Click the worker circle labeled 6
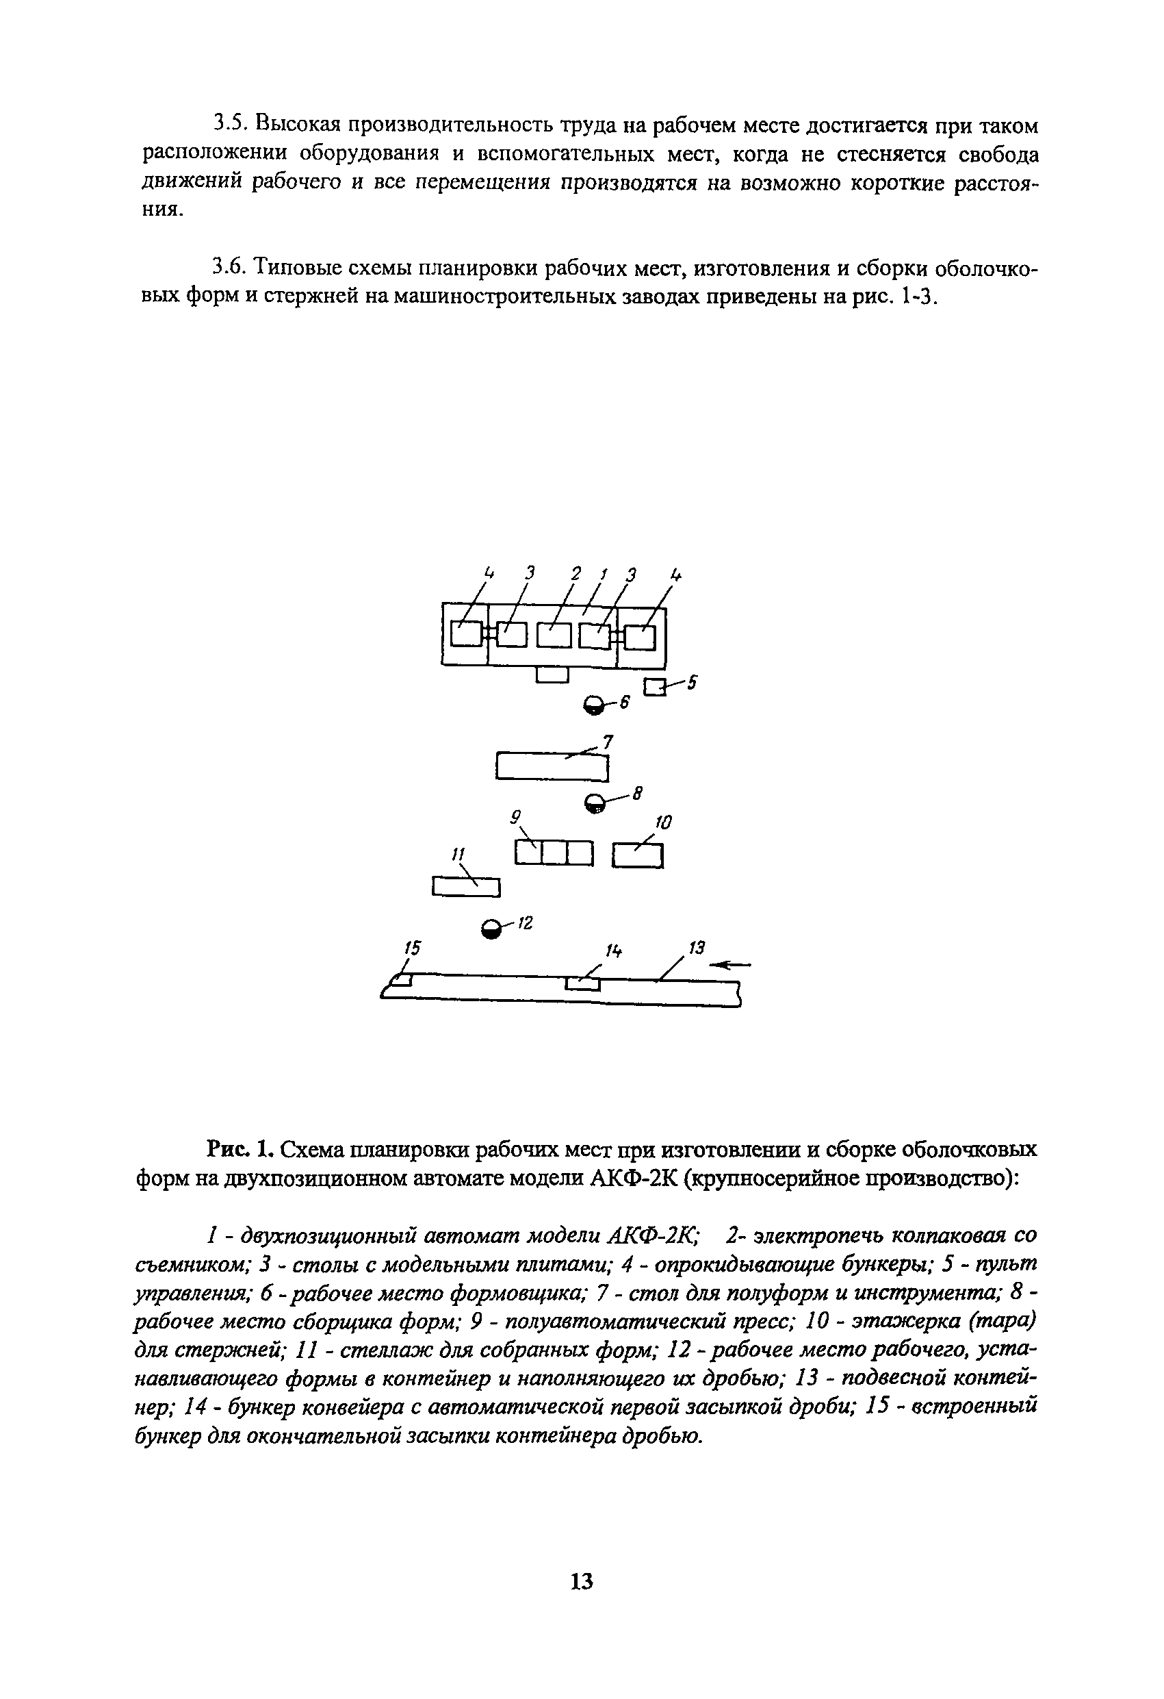[x=595, y=705]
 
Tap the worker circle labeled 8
[x=595, y=803]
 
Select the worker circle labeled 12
[x=493, y=929]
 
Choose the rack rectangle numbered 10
[x=637, y=855]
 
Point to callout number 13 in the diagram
[x=697, y=948]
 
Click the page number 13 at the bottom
[x=582, y=1581]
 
